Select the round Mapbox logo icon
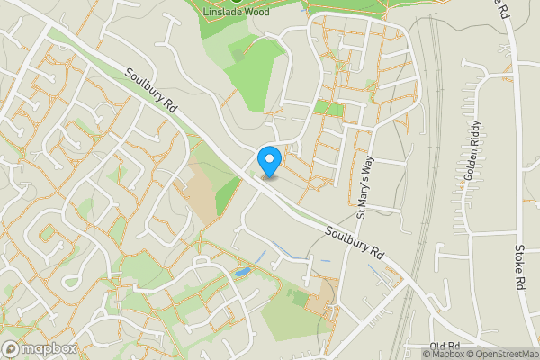tap(12, 348)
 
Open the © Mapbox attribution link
tap(447, 354)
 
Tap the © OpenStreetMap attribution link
tap(504, 354)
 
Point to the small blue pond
tap(241, 271)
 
